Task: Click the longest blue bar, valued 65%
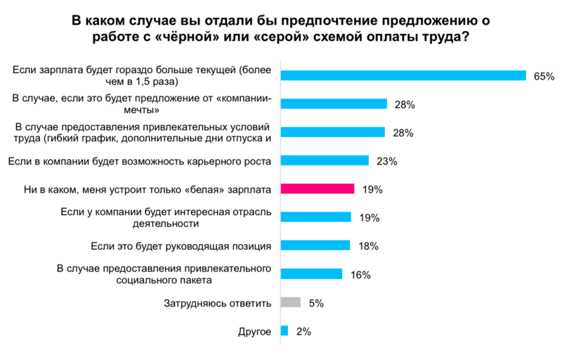click(403, 75)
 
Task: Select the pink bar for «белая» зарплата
click(317, 188)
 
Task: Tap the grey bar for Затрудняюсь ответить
click(291, 302)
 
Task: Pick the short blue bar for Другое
click(285, 330)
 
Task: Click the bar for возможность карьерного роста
click(325, 160)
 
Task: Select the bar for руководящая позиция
click(315, 245)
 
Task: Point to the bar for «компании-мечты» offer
click(334, 104)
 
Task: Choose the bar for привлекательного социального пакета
click(311, 274)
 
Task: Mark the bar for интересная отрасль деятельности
click(315, 217)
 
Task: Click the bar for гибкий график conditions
click(333, 132)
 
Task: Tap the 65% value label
click(544, 76)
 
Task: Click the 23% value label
click(387, 161)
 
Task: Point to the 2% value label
click(304, 331)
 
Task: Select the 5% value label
click(315, 303)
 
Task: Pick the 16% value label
click(360, 274)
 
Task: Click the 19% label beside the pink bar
click(372, 189)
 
